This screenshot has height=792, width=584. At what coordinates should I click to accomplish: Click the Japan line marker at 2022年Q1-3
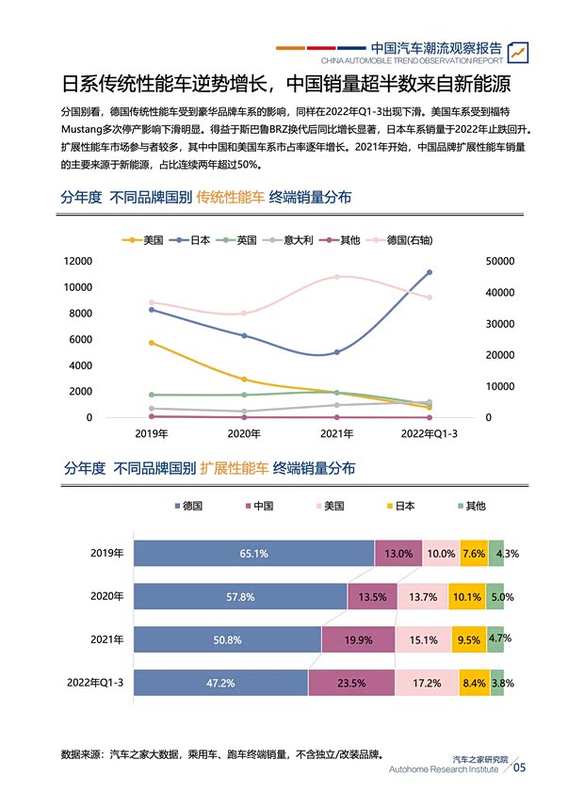click(x=429, y=272)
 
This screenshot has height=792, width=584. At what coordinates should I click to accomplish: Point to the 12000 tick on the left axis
click(x=77, y=261)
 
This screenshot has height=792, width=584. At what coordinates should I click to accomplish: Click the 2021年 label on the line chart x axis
click(x=337, y=434)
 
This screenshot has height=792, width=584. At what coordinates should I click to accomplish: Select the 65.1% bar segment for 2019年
click(x=253, y=554)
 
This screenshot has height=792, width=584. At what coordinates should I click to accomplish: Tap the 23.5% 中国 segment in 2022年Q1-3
click(x=350, y=683)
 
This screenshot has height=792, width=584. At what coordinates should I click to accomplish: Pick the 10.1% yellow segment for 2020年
click(x=467, y=597)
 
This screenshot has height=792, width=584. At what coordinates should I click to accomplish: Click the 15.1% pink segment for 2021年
click(x=423, y=640)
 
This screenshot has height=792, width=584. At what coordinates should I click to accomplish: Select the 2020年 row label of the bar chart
click(x=107, y=597)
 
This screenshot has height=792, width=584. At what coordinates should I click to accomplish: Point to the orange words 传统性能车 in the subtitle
click(x=230, y=197)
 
